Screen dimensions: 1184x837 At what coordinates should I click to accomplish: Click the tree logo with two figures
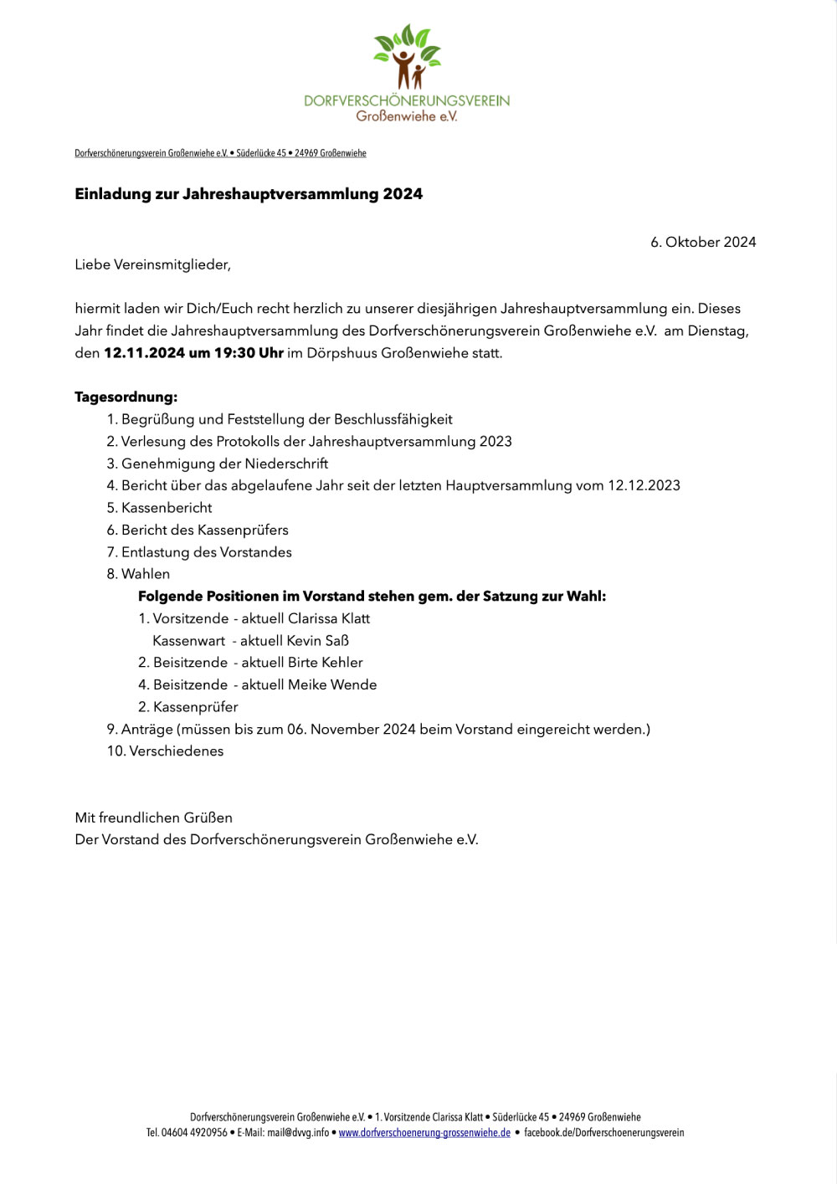coord(407,57)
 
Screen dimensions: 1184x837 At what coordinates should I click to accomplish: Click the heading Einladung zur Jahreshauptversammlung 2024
coord(249,194)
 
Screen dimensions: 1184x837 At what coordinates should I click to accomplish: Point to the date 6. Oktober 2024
coord(703,242)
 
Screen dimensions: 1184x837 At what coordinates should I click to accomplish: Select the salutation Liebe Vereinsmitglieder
coord(152,264)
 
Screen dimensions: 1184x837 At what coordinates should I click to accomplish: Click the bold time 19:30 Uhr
coord(249,353)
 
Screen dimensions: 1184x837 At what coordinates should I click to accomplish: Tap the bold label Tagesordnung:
coord(126,397)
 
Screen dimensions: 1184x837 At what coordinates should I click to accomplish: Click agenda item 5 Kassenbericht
coord(167,508)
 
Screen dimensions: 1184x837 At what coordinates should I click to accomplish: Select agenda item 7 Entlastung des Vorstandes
coord(206,552)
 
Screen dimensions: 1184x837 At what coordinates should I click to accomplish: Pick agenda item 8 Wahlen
coord(145,574)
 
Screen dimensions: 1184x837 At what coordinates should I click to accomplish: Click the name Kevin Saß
coord(317,641)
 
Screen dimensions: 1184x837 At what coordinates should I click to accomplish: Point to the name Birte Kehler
coord(325,663)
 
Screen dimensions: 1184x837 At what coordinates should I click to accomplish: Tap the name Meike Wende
coord(331,684)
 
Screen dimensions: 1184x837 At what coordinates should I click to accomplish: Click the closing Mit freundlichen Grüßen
coord(153,818)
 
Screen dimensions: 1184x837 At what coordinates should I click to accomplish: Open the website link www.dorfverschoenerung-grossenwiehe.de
coord(424,1133)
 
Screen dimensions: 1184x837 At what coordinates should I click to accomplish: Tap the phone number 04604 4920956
coord(194,1133)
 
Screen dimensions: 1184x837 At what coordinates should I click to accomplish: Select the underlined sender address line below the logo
coord(220,153)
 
